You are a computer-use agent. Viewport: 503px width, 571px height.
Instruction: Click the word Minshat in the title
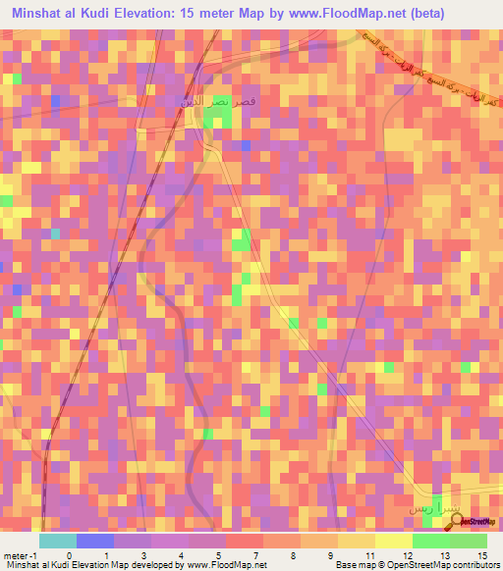[41, 14]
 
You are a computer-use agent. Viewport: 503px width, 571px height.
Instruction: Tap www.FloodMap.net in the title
[344, 14]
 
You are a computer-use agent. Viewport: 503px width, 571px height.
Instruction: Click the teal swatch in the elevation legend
[58, 541]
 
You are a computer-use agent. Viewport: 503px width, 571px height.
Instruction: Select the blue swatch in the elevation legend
[95, 541]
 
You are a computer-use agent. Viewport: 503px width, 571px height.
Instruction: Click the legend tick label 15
[484, 554]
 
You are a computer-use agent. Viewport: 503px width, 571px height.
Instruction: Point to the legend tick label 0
[68, 554]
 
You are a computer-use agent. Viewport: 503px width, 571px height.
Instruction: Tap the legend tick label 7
[254, 554]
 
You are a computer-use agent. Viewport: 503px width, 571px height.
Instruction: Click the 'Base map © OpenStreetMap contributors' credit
[415, 565]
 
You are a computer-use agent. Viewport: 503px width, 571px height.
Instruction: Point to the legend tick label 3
[142, 554]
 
